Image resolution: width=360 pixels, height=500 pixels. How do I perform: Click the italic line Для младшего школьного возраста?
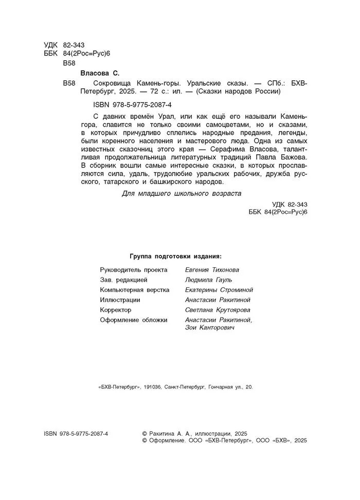182,194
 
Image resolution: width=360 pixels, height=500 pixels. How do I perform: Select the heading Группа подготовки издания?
175,256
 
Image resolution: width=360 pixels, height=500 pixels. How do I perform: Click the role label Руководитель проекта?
134,269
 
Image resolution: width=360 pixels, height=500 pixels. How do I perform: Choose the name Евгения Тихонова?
211,269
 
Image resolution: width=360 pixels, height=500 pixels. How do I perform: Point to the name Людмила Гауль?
208,280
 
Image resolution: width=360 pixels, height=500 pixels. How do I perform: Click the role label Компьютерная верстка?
135,289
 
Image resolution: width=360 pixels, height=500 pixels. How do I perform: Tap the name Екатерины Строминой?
219,289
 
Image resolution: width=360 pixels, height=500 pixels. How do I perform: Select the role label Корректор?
116,310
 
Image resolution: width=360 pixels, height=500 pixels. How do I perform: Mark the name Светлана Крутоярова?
217,310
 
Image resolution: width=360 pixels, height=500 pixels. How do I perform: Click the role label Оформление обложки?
134,320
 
